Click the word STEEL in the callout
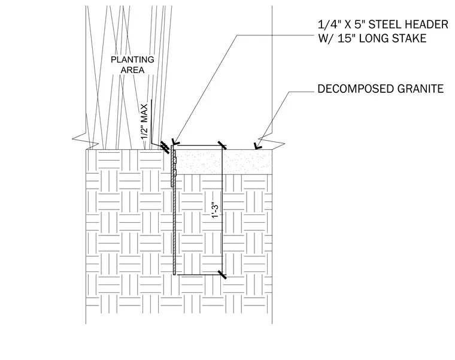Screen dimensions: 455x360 [x=385, y=25]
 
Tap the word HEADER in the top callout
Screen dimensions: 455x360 [x=426, y=25]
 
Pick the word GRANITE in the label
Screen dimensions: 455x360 [x=420, y=89]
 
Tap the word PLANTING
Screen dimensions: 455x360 [x=133, y=59]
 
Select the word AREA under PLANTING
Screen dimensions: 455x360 [x=133, y=70]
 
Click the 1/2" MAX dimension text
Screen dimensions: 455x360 [x=144, y=122]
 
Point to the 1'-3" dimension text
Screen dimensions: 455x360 [x=215, y=210]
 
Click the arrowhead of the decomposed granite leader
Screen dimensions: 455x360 [x=256, y=147]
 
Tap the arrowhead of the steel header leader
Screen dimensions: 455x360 [x=175, y=142]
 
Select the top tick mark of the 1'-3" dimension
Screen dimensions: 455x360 [x=222, y=145]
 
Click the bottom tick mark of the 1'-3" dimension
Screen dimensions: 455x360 [x=222, y=274]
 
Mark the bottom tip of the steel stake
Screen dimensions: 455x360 [x=174, y=275]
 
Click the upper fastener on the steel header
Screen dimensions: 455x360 [x=175, y=161]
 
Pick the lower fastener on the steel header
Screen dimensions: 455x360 [x=175, y=173]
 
